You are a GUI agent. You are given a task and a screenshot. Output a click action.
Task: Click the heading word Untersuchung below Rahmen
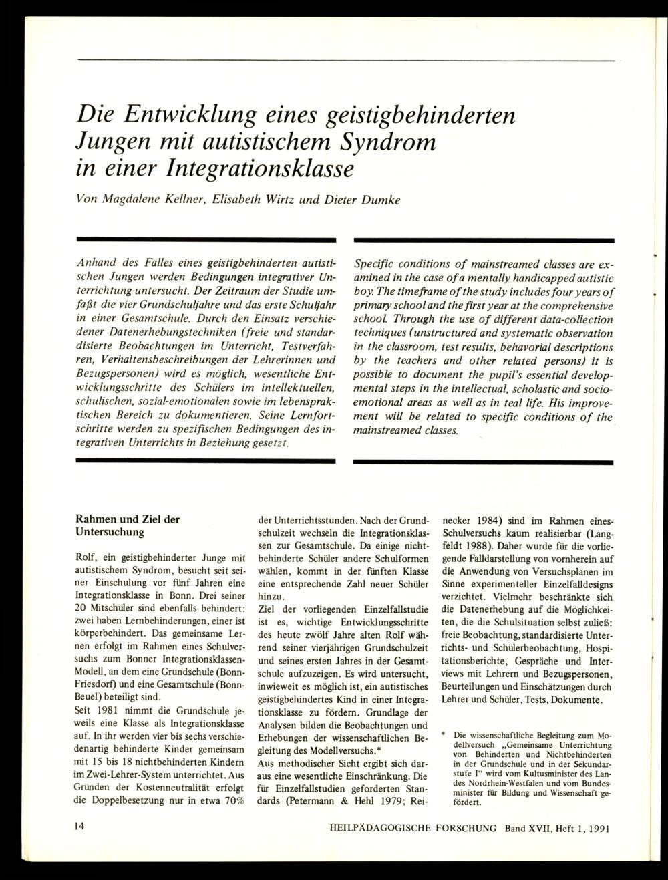point(109,532)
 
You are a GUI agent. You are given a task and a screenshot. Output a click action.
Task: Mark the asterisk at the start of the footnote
point(444,734)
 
